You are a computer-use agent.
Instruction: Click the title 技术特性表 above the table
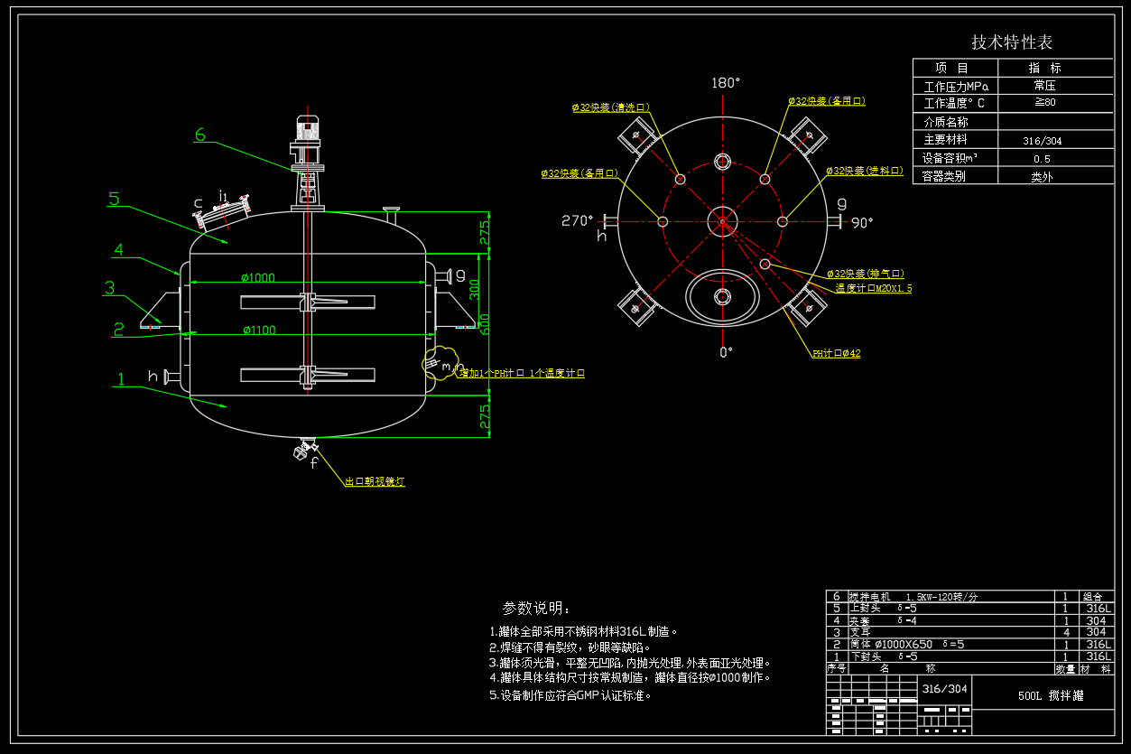1011,42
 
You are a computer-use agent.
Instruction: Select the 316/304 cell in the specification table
1042,141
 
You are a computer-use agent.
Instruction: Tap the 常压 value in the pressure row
1044,86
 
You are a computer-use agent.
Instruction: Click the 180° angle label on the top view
725,82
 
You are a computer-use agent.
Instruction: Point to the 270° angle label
577,220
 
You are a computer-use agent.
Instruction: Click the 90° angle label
863,223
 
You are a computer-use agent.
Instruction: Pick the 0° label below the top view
725,352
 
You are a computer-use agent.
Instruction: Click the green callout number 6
199,135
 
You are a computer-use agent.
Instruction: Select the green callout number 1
120,380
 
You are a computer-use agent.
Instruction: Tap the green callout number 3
109,289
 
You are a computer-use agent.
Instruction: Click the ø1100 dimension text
258,330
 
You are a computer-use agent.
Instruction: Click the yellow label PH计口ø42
836,353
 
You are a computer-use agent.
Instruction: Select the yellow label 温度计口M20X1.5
873,288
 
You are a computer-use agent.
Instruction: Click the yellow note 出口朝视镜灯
375,482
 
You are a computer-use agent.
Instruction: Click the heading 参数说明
536,608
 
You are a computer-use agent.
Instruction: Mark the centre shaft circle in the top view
722,220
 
